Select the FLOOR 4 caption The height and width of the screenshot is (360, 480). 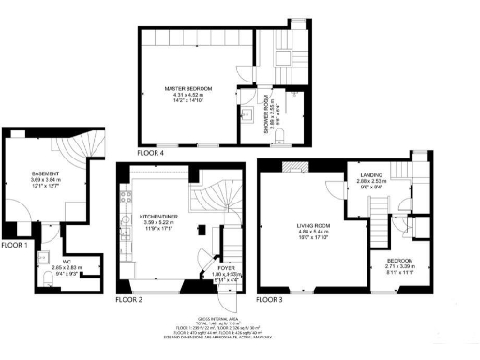point(150,152)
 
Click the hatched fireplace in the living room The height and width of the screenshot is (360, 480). point(294,169)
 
